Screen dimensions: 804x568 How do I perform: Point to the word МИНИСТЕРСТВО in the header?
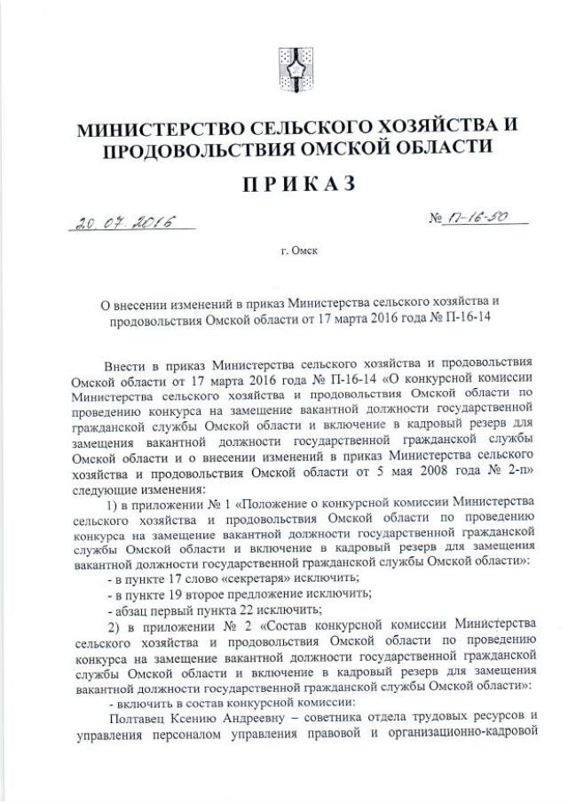coord(175,129)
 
